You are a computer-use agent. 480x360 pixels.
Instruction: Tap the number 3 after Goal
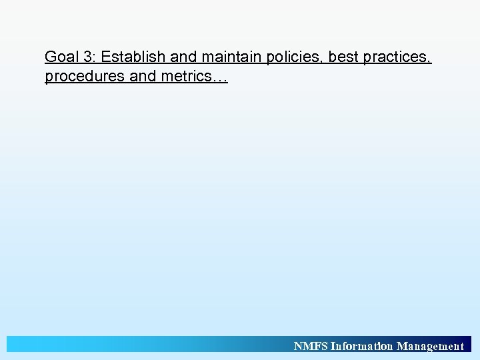(x=88, y=57)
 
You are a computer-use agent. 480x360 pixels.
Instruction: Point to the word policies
(x=292, y=57)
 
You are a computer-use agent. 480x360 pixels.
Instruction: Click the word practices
(x=396, y=57)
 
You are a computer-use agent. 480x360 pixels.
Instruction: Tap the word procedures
(x=85, y=77)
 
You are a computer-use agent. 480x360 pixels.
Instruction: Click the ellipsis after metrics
(x=219, y=79)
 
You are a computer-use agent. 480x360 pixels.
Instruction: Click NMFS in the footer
(x=311, y=346)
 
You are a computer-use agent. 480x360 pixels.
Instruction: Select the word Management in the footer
(x=430, y=346)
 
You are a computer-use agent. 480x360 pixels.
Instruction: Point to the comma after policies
(x=323, y=61)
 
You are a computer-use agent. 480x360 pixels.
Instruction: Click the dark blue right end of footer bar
(x=468, y=344)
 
